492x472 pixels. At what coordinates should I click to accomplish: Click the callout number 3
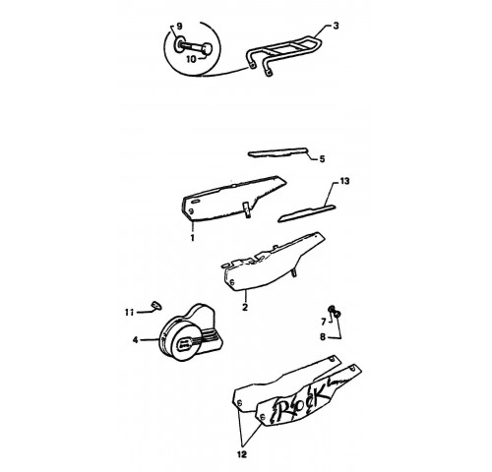[336, 26]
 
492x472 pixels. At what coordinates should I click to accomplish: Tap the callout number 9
[179, 27]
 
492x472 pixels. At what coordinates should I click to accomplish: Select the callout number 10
[191, 59]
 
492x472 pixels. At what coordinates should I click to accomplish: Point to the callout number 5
[322, 159]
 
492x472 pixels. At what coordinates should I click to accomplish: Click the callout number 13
[344, 181]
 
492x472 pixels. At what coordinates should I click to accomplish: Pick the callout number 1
[192, 237]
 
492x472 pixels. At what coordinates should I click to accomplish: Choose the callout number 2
[245, 307]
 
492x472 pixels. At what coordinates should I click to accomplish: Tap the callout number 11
[129, 312]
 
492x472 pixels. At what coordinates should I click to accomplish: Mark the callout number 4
[136, 340]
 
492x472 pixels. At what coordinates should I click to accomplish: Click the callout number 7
[324, 323]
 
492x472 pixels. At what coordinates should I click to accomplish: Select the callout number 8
[323, 336]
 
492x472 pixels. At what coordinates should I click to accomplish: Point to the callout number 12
[241, 454]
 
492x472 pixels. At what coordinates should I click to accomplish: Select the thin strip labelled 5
[278, 153]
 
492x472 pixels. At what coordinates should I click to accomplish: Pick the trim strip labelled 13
[307, 213]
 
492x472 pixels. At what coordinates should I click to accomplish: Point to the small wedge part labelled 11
[156, 305]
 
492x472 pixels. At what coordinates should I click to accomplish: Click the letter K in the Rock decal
[317, 394]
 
